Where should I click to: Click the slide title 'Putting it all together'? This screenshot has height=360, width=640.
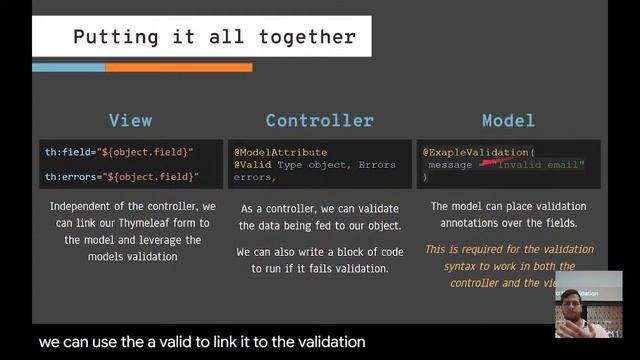214,38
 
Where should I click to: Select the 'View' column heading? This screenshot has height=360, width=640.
130,121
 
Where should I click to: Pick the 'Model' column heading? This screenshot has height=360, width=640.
508,121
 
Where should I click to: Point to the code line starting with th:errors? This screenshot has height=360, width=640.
121,177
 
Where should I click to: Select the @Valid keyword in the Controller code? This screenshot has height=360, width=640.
252,164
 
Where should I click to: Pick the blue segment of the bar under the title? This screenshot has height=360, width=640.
66,67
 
